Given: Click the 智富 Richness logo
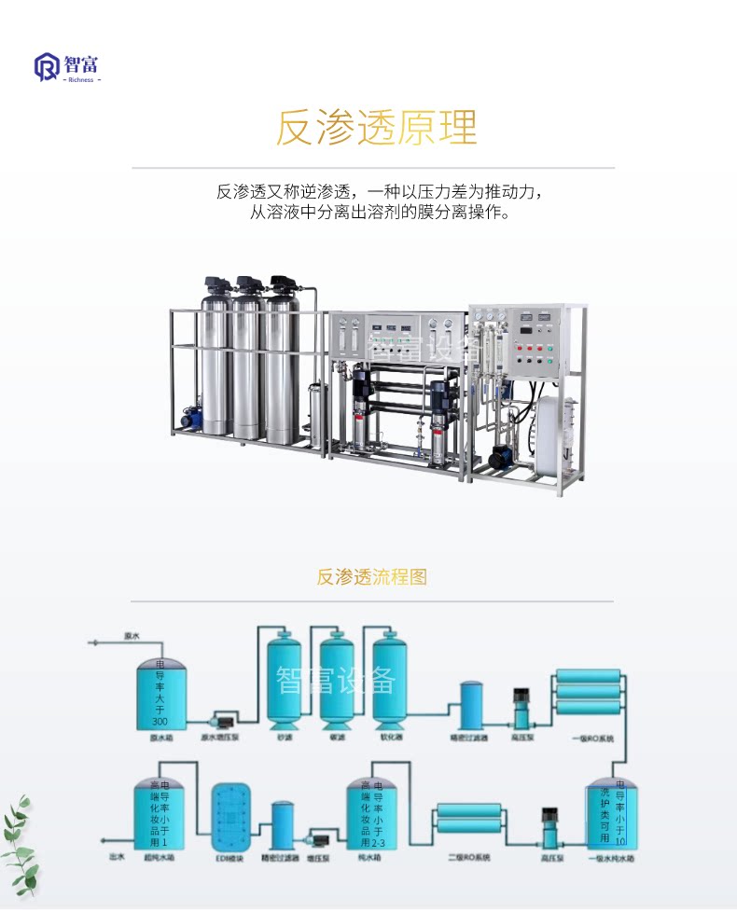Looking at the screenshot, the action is tap(68, 67).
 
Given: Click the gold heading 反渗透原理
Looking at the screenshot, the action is tap(376, 129).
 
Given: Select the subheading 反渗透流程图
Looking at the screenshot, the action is tap(371, 576).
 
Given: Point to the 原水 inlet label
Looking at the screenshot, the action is tap(132, 636).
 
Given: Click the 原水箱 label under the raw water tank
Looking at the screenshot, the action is tap(162, 737).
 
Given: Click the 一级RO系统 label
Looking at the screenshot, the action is tap(593, 738).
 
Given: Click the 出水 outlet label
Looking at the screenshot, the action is tap(116, 855).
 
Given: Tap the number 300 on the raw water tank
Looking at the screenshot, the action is tap(160, 722).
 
